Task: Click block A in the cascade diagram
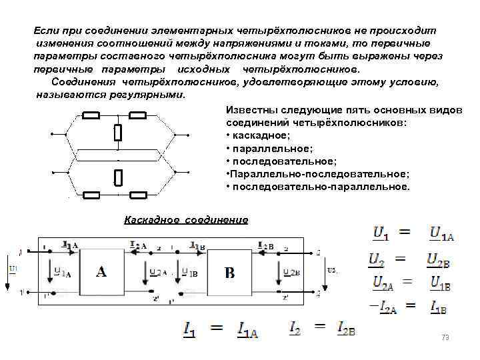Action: (101, 271)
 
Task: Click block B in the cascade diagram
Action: (229, 272)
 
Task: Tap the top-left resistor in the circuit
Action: (91, 115)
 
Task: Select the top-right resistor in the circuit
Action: (138, 115)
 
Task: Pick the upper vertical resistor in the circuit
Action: (118, 133)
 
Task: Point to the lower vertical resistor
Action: (118, 177)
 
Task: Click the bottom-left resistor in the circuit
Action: (91, 195)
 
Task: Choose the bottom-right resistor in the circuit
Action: (138, 195)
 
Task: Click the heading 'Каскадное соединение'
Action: (186, 220)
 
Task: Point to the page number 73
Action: (445, 338)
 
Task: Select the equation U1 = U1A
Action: (413, 233)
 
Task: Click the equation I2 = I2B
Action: (323, 328)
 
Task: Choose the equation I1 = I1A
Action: (221, 329)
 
